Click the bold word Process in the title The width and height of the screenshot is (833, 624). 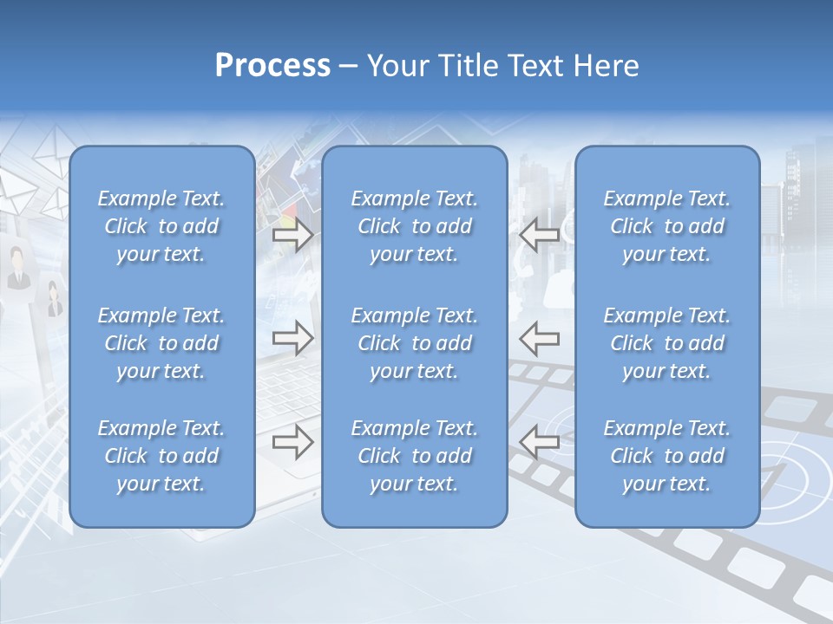coord(272,66)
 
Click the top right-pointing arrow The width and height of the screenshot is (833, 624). coord(292,235)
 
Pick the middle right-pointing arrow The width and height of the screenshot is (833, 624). coord(292,338)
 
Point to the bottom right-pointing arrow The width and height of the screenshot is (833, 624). coord(292,442)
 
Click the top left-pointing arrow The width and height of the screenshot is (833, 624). coord(540,235)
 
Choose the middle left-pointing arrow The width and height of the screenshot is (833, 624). coord(540,338)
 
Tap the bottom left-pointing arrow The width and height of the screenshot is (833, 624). coord(540,442)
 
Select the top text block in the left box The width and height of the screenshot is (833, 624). coord(161,226)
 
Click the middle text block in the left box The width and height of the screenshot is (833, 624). coord(161,343)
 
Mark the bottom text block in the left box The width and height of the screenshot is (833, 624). coord(161,456)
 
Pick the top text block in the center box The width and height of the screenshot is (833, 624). coord(415,226)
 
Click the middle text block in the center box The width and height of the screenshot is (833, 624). coord(415,343)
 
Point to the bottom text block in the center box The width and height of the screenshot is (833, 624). coord(415,456)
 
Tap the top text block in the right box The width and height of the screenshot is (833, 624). coord(667,226)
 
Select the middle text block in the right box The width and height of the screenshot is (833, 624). coord(667,343)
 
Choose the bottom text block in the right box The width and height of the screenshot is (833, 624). coord(667,456)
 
